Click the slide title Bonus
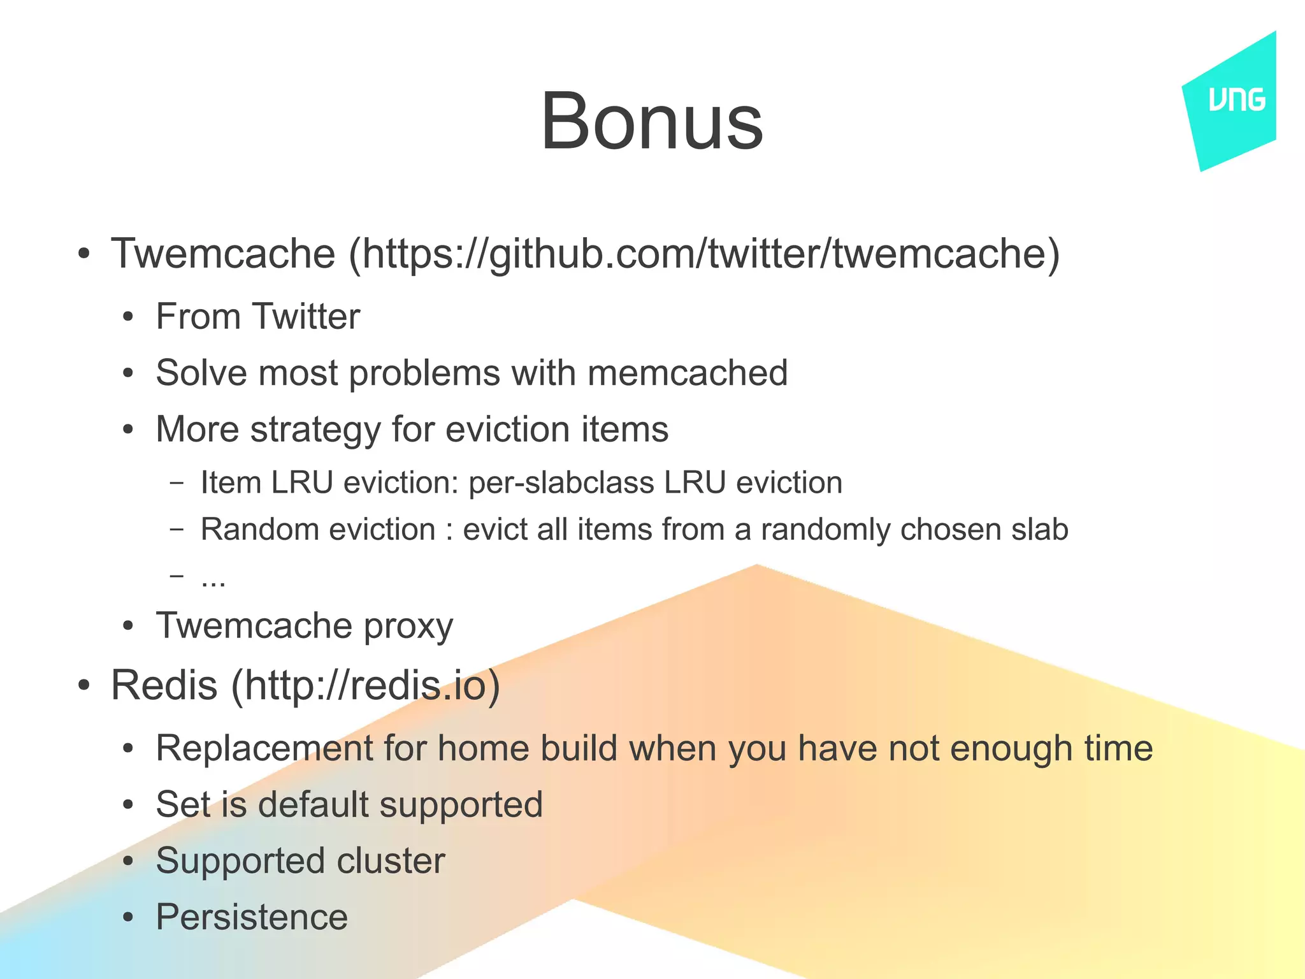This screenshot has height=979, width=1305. pos(651,121)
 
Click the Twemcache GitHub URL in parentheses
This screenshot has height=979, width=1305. pos(704,254)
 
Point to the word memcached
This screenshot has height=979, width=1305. pos(688,373)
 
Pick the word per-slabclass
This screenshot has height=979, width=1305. pos(561,482)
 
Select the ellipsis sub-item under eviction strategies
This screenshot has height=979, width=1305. pos(213,577)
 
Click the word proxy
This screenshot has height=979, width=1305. pos(408,626)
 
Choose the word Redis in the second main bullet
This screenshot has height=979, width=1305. pos(164,685)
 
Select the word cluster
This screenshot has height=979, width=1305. pos(391,861)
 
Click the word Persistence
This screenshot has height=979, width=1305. pos(252,917)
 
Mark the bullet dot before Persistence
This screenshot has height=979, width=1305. pos(128,918)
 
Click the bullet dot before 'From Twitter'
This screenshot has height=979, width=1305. pos(128,317)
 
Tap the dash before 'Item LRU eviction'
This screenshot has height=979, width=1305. pos(177,482)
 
